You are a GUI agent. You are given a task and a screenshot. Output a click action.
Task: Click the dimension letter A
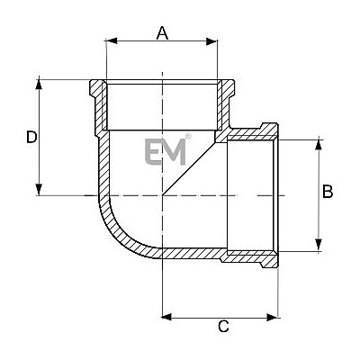tap(162, 32)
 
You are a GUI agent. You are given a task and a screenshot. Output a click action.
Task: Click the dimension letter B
tap(328, 192)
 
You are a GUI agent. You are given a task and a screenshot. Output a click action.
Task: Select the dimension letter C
tap(223, 326)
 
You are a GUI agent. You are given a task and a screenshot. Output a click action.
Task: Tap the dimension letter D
tap(31, 137)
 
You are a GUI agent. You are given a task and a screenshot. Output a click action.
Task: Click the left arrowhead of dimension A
tap(112, 41)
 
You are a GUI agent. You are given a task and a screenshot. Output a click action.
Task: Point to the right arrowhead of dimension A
tap(211, 41)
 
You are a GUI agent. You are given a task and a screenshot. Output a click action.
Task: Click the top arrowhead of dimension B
tap(319, 144)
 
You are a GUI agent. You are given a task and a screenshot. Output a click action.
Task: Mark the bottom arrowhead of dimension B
tap(319, 245)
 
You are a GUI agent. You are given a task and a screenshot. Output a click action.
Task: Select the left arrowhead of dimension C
tap(166, 317)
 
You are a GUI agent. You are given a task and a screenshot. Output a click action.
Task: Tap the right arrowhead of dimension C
tap(272, 317)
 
